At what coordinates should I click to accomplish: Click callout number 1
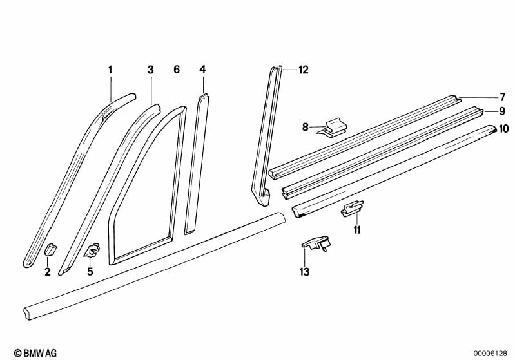(110, 70)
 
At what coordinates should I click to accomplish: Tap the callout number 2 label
(48, 272)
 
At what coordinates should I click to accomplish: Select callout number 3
(150, 70)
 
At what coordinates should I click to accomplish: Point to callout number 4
(202, 70)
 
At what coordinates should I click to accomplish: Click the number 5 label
(90, 271)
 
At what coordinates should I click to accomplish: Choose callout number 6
(177, 70)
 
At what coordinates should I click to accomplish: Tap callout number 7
(502, 97)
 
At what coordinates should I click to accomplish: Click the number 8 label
(305, 127)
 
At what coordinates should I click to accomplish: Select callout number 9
(502, 111)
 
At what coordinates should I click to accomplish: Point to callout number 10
(504, 129)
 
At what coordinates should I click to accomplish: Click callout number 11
(357, 230)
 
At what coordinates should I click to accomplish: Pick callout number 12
(303, 70)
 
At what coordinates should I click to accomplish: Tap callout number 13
(304, 272)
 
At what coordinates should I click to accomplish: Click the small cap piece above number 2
(50, 249)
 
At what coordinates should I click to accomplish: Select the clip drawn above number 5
(92, 250)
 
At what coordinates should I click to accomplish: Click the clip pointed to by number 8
(333, 128)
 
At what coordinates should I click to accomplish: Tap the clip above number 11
(352, 209)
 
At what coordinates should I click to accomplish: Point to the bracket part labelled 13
(316, 243)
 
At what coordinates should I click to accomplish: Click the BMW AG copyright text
(35, 353)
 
